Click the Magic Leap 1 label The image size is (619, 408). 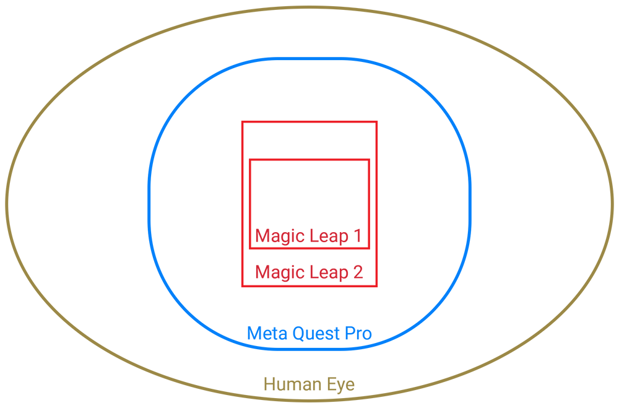click(308, 235)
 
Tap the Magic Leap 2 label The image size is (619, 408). click(309, 272)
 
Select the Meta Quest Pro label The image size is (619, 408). click(309, 334)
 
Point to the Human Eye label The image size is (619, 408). click(309, 384)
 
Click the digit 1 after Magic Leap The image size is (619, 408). click(357, 235)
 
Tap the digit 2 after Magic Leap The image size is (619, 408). click(358, 272)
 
